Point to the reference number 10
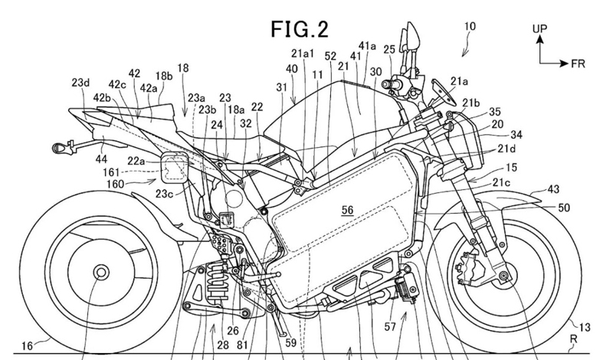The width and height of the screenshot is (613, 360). (470, 26)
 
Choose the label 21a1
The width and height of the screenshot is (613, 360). (303, 52)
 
